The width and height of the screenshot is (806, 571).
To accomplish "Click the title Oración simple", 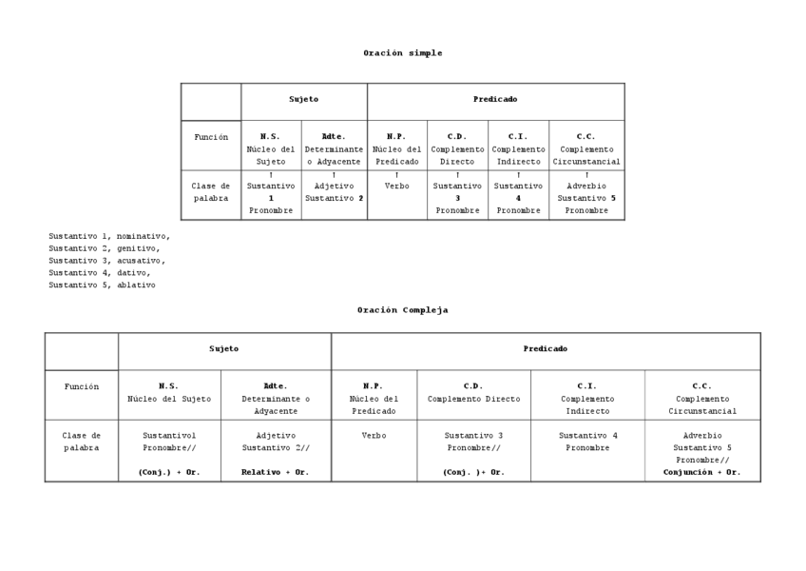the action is click(x=402, y=53).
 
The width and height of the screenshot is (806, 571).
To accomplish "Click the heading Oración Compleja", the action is click(x=402, y=310).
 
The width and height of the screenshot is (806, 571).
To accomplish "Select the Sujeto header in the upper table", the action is click(x=304, y=100).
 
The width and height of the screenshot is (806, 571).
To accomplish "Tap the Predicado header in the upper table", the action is click(x=495, y=100).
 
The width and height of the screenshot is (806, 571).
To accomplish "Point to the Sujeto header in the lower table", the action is click(x=224, y=349).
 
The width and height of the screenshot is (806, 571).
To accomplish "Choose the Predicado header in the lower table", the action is click(x=546, y=349).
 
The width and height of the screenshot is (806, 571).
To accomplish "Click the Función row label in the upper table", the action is click(x=211, y=137).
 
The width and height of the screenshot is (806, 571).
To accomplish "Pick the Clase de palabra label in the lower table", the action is click(x=82, y=442).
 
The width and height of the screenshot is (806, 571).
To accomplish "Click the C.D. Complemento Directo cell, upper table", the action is click(x=457, y=148).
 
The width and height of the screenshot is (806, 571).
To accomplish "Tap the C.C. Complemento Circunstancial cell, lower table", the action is click(x=702, y=398).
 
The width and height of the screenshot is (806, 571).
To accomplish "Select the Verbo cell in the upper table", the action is click(x=396, y=187).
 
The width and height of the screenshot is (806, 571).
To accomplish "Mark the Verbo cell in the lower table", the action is click(x=374, y=436).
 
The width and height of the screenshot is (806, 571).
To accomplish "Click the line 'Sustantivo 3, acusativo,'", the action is click(x=106, y=260).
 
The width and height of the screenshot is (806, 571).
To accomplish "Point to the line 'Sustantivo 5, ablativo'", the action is click(x=103, y=285).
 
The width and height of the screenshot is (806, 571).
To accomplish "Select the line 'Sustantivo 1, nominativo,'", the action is click(x=109, y=235).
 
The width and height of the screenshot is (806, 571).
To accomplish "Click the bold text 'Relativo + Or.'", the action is click(x=276, y=472).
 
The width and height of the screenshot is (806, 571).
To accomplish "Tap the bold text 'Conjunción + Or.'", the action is click(x=702, y=472).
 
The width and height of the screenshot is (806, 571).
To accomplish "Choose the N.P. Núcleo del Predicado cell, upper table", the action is click(x=396, y=148).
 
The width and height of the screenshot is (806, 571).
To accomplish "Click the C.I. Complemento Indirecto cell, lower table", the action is click(x=587, y=398).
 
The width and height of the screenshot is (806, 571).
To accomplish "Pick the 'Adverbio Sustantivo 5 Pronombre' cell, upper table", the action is click(x=586, y=198).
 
